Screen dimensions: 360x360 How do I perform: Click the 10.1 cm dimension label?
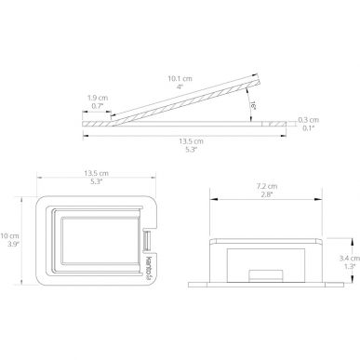pyautogui.click(x=180, y=79)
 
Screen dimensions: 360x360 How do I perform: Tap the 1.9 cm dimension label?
pyautogui.click(x=98, y=98)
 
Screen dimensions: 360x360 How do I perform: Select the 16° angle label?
pyautogui.click(x=253, y=106)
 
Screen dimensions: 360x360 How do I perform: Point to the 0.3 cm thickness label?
pyautogui.click(x=308, y=120)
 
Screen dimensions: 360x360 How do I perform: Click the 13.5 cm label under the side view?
pyautogui.click(x=191, y=141)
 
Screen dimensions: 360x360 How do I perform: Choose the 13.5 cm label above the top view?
pyautogui.click(x=96, y=173)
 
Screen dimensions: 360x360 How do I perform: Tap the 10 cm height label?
pyautogui.click(x=9, y=236)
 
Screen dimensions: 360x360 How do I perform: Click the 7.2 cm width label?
pyautogui.click(x=267, y=187)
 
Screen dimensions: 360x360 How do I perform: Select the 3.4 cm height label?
pyautogui.click(x=350, y=258)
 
